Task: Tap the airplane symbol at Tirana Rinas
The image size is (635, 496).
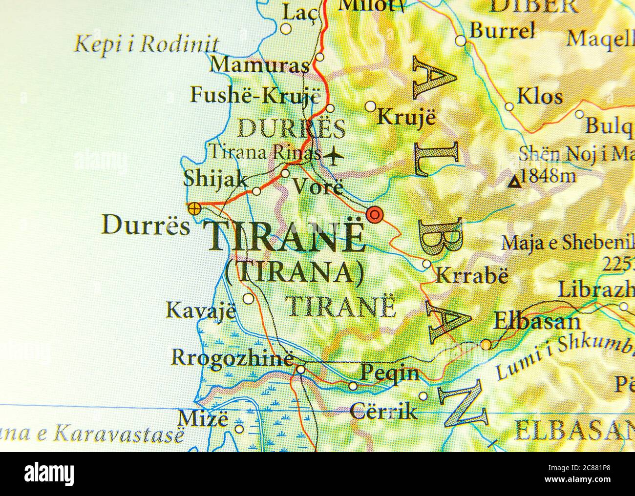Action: [333, 156]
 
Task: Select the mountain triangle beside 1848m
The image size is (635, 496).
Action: [513, 183]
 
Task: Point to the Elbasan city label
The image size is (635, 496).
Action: [537, 322]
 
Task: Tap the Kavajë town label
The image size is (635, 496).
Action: [201, 310]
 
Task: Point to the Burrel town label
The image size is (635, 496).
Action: [502, 31]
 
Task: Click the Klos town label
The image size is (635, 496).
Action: [539, 96]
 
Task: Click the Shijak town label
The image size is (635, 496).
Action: [215, 179]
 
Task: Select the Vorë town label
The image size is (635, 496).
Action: [317, 186]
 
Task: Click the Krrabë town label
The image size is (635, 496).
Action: [471, 276]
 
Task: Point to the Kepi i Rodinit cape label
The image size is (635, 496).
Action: [146, 44]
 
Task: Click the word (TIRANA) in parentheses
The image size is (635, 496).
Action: [295, 272]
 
